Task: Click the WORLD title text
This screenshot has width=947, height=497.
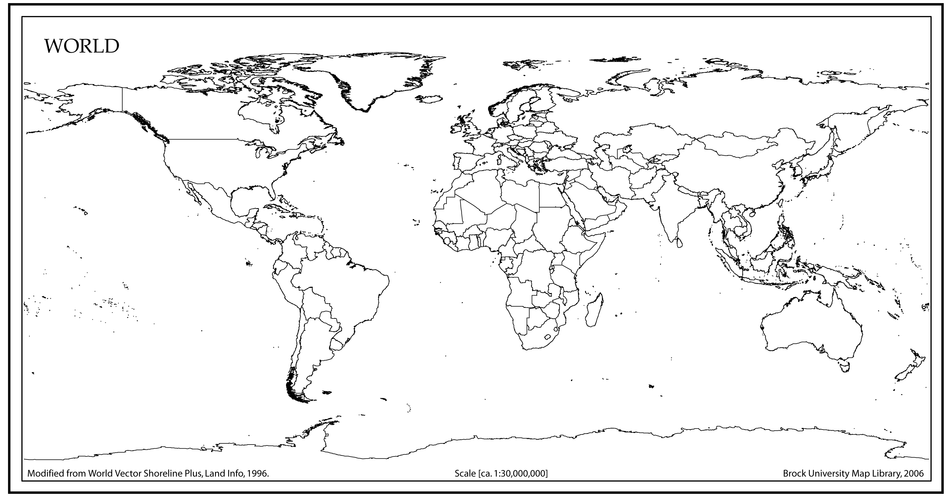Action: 82,46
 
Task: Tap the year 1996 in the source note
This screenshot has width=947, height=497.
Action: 257,474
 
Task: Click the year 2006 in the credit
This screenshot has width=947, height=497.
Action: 914,474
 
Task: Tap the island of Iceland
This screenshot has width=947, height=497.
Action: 429,99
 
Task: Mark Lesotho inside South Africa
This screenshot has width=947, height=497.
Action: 548,336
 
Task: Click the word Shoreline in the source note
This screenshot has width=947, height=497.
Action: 162,474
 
